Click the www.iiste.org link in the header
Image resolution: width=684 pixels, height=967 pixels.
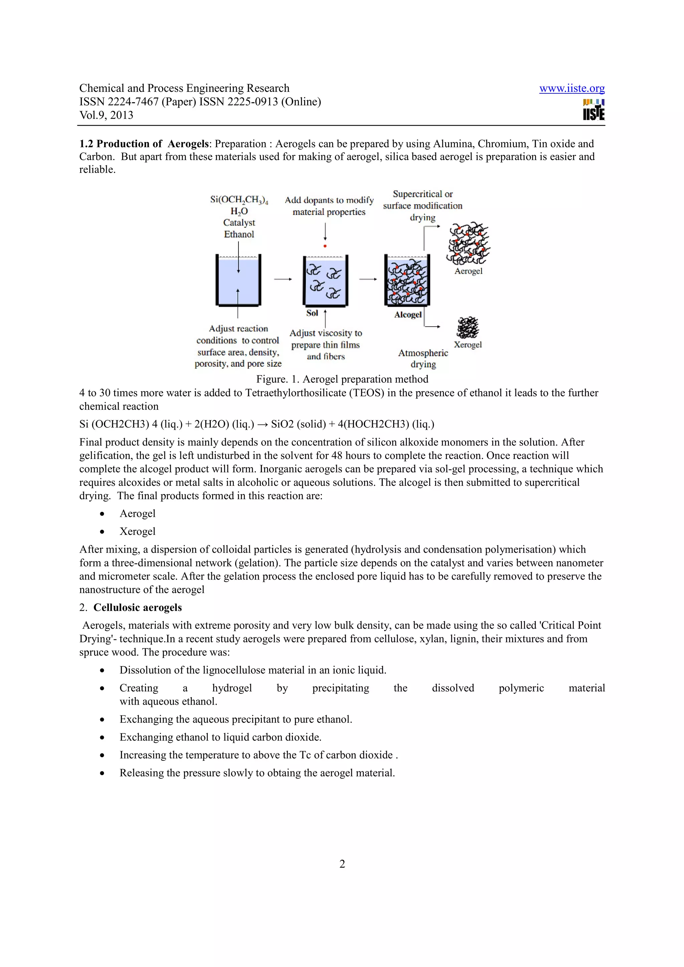571,88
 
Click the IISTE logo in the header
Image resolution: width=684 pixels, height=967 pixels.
593,110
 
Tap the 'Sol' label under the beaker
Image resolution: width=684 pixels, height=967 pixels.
312,313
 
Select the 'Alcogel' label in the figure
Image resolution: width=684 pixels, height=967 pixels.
407,315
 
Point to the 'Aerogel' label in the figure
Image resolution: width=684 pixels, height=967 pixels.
468,271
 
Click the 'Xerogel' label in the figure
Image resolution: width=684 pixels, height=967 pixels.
467,344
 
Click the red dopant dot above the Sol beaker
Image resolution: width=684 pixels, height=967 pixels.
325,246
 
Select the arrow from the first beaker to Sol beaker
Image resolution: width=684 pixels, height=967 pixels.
283,279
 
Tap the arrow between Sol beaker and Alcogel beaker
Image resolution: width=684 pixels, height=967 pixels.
368,279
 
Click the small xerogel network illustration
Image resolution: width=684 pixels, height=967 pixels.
468,328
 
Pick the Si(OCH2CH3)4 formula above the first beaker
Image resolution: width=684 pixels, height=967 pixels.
239,200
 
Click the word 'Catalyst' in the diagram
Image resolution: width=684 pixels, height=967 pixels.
239,223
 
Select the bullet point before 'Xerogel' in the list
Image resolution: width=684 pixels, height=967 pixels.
102,532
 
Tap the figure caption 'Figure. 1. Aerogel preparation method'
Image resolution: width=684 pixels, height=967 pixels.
342,379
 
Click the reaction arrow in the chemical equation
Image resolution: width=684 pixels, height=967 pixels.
262,424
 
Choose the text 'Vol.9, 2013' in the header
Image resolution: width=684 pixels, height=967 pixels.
106,115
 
